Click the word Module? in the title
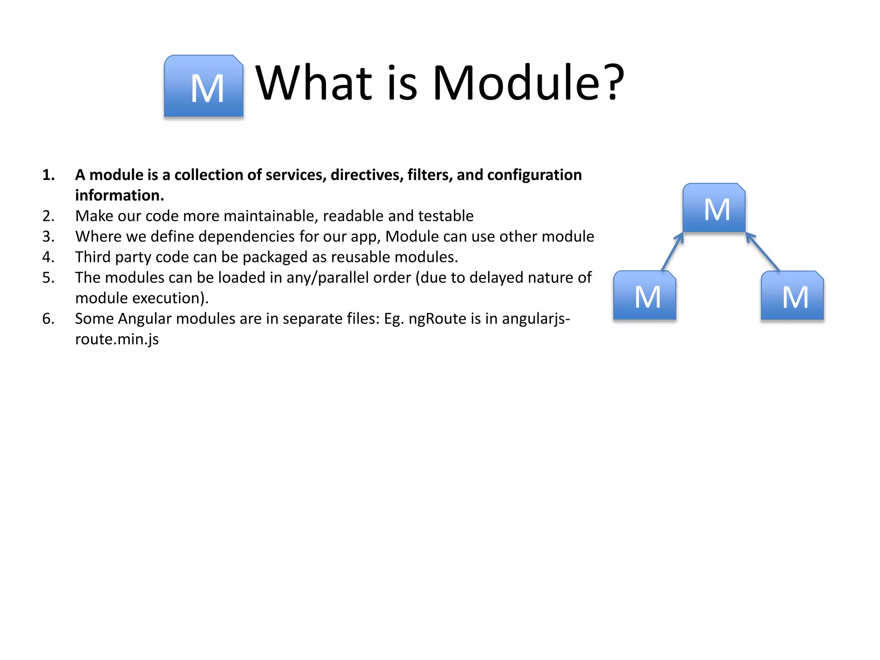click(528, 82)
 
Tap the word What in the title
click(314, 82)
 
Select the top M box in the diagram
click(714, 208)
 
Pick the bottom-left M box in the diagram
click(645, 296)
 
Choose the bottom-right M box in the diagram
click(792, 296)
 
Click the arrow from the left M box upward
click(672, 252)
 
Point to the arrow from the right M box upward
click(763, 252)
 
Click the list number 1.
click(48, 175)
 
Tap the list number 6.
click(48, 319)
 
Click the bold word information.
click(119, 196)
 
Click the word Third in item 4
click(93, 257)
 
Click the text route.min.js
click(117, 339)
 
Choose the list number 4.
click(48, 257)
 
